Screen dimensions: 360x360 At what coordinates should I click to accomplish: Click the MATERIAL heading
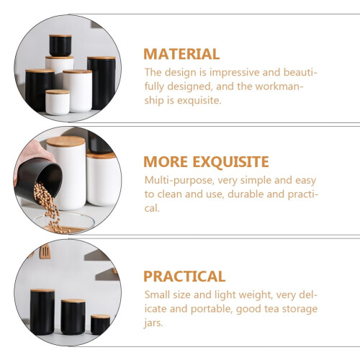tap(181, 54)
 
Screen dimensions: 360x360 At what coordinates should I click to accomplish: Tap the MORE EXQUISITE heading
tap(206, 162)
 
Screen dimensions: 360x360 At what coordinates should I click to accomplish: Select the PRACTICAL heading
tap(184, 276)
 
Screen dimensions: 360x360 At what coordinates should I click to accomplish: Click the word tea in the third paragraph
tap(271, 309)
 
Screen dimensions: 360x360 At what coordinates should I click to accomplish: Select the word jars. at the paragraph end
tap(153, 323)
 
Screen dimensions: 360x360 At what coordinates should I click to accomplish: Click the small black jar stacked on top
tap(60, 45)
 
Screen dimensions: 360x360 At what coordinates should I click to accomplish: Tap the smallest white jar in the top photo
tap(58, 102)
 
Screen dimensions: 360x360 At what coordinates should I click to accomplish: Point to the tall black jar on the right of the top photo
tap(102, 83)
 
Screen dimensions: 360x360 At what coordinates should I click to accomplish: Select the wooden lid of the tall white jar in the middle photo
tap(66, 141)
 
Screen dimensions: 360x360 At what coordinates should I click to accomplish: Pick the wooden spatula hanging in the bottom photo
tap(45, 252)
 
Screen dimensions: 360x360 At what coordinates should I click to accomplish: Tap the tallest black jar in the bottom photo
tap(42, 312)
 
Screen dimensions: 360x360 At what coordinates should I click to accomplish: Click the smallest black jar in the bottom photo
tap(100, 325)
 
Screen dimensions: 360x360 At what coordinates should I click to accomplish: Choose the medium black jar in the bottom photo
tap(73, 317)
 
